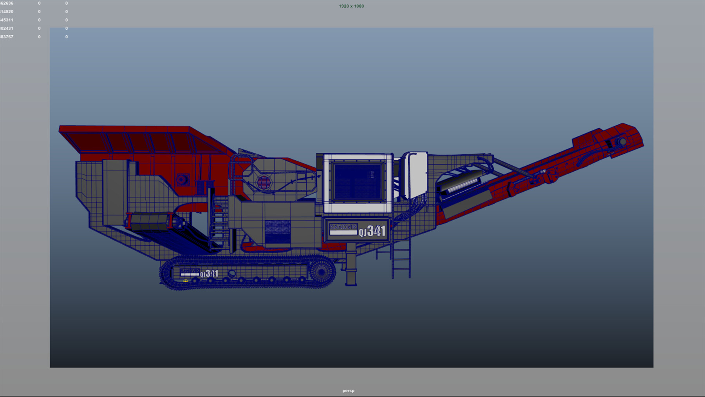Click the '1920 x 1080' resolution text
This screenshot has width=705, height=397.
(x=351, y=6)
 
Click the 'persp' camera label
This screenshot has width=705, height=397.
(x=348, y=391)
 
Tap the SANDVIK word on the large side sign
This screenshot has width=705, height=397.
(x=343, y=227)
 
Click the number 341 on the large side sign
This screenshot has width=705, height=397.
(x=376, y=231)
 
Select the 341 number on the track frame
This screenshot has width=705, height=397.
(x=211, y=274)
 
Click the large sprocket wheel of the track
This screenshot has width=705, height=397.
(x=322, y=272)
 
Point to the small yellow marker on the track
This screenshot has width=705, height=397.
(x=186, y=281)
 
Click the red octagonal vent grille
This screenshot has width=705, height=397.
(x=264, y=182)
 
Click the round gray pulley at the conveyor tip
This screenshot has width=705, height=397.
(x=622, y=141)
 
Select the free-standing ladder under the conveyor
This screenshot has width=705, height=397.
(x=401, y=257)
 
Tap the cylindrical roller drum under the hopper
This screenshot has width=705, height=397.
(x=151, y=222)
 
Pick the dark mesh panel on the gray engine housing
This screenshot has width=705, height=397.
(x=278, y=231)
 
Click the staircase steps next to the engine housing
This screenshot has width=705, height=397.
(x=219, y=223)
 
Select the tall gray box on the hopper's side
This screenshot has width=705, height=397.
(x=114, y=192)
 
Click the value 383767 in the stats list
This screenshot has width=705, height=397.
(x=7, y=37)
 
